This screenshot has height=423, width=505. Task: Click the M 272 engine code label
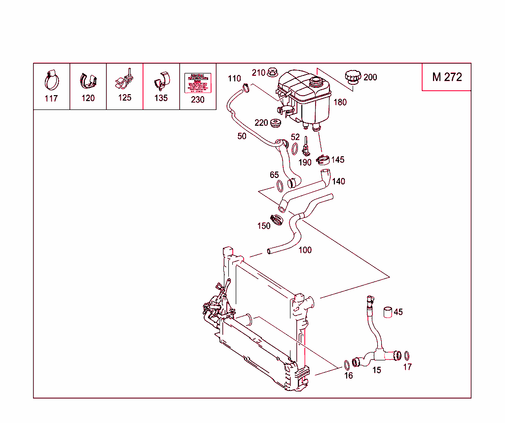447,77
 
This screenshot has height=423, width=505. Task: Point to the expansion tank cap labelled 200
353,77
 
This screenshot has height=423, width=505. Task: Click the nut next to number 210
272,73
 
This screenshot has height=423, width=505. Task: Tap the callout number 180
340,103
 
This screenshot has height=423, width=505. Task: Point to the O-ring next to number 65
279,186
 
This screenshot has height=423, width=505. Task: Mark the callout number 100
305,250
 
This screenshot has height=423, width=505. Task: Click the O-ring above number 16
347,365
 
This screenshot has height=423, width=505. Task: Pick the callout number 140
338,181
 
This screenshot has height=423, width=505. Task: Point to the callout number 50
242,137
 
